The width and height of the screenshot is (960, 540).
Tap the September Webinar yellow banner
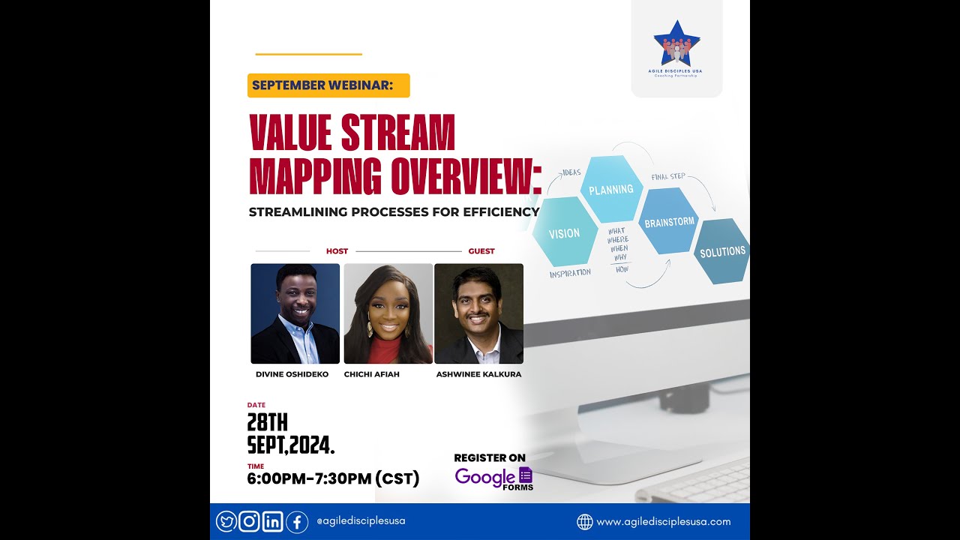328,85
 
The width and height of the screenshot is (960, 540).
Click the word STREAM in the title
398,133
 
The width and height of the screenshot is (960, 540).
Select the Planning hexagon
611,190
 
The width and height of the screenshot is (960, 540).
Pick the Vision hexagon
564,233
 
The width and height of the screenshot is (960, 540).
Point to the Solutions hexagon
722,252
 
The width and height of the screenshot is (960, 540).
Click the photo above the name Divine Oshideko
295,313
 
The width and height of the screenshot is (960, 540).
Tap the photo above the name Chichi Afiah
388,313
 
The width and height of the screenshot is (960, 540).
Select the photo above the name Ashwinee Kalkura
478,313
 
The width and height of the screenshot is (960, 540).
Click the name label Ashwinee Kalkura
478,374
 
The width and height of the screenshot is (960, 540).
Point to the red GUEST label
481,251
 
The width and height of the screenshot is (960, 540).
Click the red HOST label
337,251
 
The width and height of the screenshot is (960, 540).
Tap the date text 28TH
268,423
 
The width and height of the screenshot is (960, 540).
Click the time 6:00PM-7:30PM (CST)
333,478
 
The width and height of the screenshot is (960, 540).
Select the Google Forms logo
494,478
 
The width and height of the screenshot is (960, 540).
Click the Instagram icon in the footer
250,521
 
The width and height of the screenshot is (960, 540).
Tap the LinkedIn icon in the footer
273,521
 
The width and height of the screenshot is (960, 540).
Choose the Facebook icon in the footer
297,521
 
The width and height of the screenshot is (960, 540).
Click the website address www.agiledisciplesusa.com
663,521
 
